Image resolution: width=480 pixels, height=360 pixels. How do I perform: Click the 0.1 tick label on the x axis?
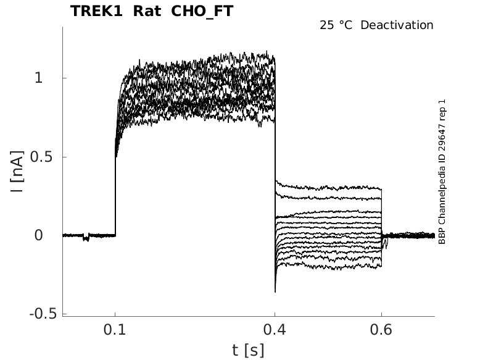point(115,330)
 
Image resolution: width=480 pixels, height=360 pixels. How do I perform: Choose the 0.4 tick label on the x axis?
point(275,330)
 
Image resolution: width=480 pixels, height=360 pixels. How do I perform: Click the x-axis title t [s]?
point(248,350)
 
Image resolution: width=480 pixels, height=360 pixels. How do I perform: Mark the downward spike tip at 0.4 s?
point(275,291)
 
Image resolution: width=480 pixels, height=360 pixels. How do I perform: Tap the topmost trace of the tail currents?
point(327,185)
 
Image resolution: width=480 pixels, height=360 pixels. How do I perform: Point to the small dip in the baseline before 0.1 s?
point(86,238)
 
